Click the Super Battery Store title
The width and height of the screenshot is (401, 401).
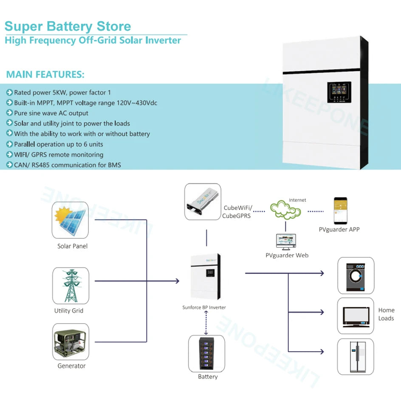68,26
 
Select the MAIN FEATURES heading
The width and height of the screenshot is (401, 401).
45,75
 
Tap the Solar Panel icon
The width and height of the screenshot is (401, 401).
70,220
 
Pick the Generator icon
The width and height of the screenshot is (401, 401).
71,342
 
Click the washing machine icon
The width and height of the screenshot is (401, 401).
356,275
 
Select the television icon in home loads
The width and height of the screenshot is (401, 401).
356,316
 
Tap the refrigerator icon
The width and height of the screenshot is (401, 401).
356,356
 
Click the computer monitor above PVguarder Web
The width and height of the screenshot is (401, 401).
286,242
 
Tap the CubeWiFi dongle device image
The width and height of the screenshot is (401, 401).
203,201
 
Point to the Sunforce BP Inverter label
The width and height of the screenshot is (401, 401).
204,307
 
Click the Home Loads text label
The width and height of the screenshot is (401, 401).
386,314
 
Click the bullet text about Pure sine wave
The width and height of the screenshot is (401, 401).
51,113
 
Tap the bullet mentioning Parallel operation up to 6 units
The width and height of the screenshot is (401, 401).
58,144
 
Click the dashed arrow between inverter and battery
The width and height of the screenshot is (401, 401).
206,322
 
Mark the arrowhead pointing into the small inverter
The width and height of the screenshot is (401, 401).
176,281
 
